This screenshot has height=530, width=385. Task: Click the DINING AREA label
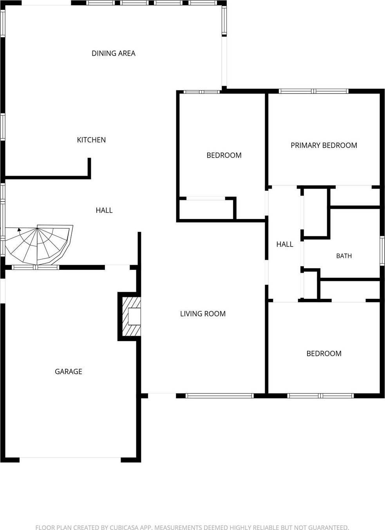[114, 54]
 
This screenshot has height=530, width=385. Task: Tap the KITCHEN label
[91, 140]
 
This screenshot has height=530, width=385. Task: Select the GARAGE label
[69, 372]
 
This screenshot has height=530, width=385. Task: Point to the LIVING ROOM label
[203, 314]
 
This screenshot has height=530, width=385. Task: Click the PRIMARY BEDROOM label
[324, 145]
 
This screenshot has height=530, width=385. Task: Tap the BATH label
[344, 256]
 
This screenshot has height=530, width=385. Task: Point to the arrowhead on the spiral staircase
[19, 229]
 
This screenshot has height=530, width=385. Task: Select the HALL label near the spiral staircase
[104, 210]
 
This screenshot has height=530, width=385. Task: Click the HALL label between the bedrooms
[285, 244]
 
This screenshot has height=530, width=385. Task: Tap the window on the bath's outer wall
[382, 251]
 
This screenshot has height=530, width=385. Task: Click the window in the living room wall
[219, 395]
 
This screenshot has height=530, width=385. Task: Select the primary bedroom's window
[314, 91]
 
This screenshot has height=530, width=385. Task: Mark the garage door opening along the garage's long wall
[70, 460]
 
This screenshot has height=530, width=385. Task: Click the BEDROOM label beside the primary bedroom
[224, 155]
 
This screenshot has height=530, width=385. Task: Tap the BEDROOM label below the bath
[324, 354]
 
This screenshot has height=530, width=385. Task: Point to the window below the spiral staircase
[36, 268]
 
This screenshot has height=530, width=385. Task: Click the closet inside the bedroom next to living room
[206, 210]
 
